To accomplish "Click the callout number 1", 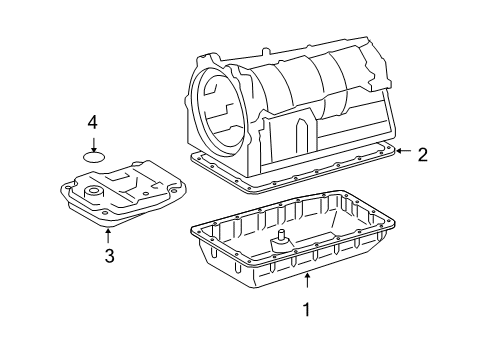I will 307,310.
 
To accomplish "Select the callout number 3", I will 109,256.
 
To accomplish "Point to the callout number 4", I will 92,122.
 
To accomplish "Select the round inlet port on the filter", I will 95,192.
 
